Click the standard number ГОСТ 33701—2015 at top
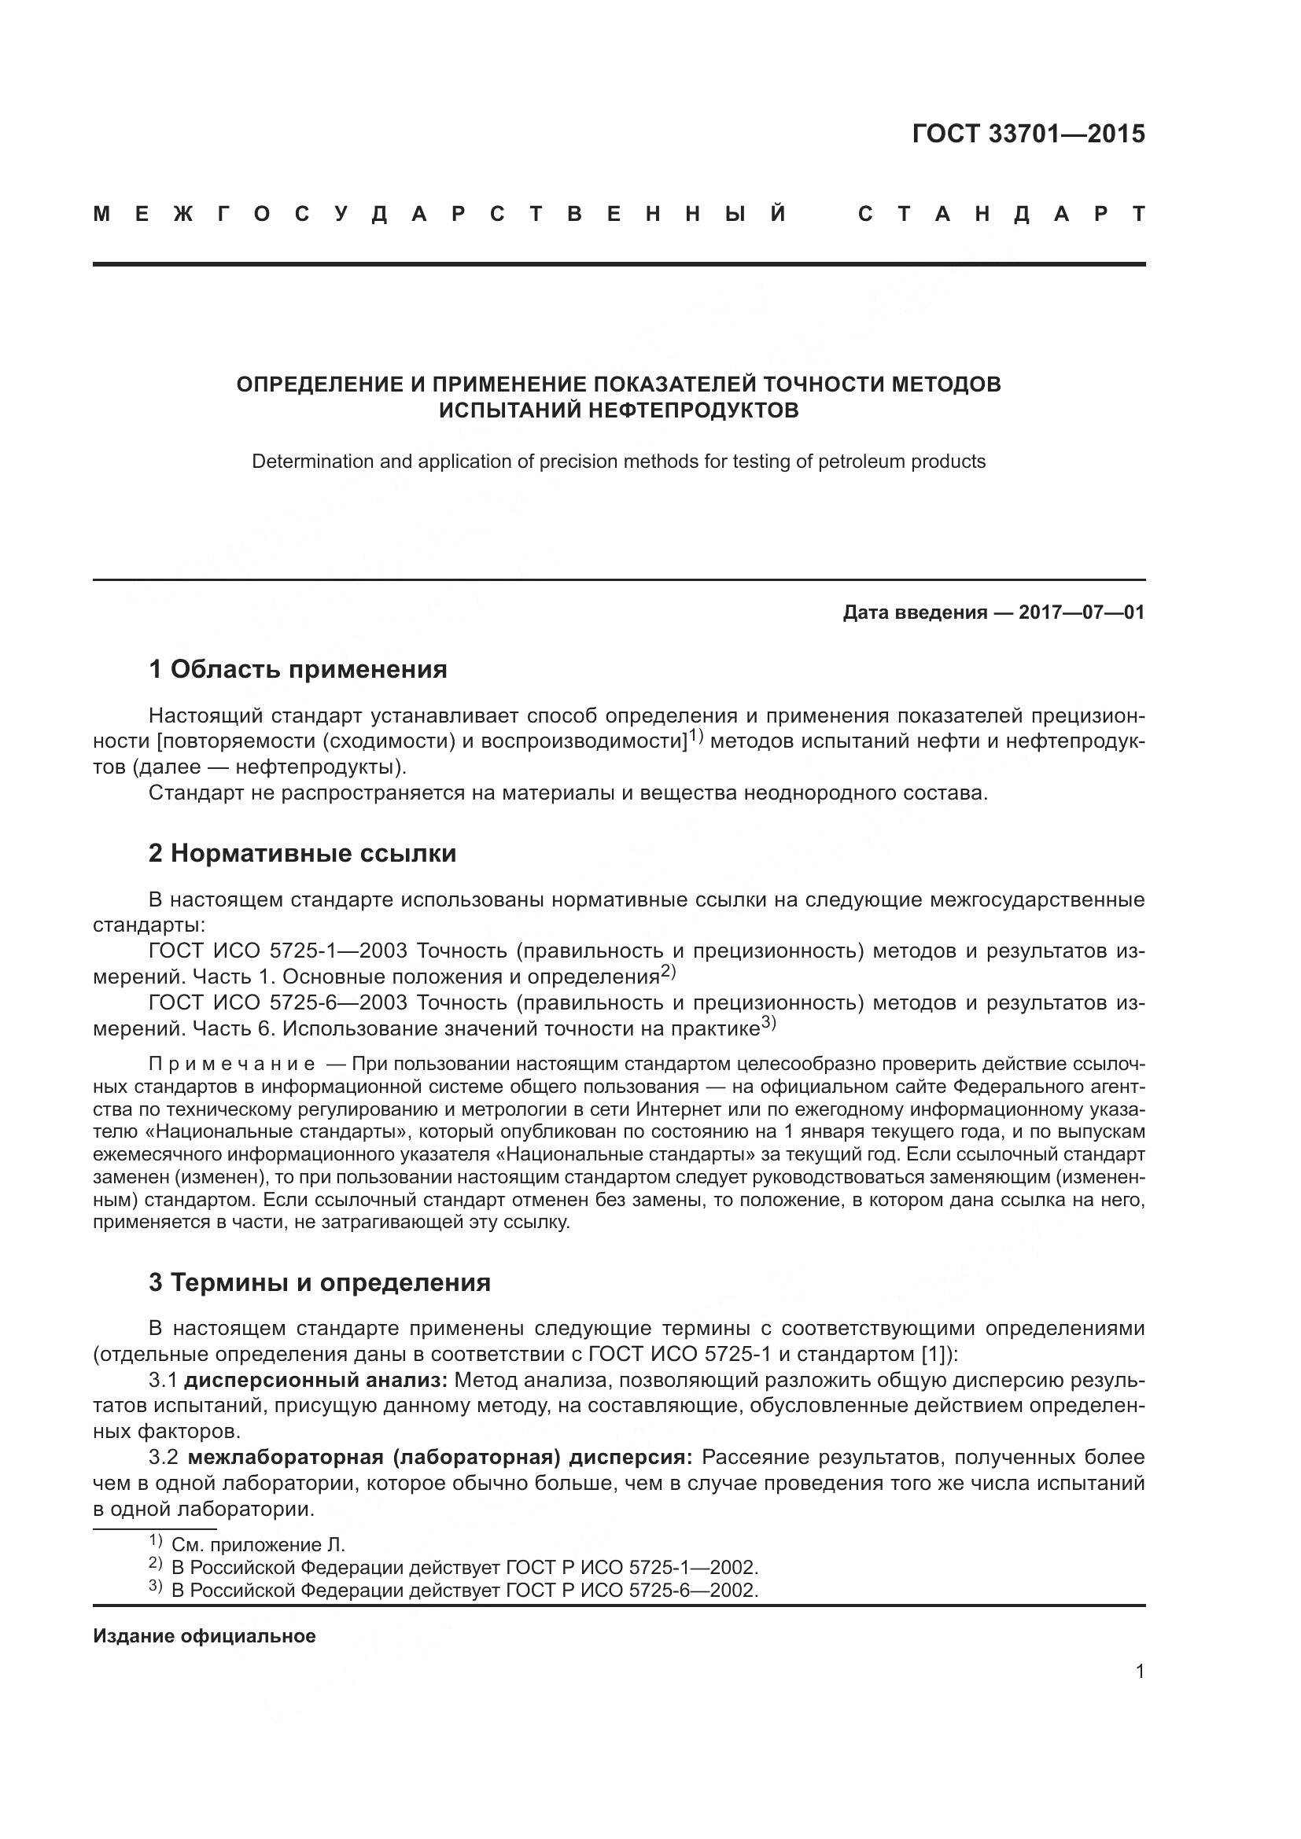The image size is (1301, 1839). click(x=1029, y=134)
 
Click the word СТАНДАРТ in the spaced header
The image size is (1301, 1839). click(x=1001, y=215)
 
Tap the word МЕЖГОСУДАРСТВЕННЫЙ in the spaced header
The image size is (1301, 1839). click(x=440, y=215)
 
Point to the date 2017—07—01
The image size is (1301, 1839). click(x=1082, y=613)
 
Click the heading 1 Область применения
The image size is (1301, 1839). click(x=298, y=669)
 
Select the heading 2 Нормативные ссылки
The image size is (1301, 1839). click(x=302, y=853)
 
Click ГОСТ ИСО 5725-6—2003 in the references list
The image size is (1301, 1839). click(x=278, y=1002)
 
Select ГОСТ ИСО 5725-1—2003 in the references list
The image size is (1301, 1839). click(x=278, y=951)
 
